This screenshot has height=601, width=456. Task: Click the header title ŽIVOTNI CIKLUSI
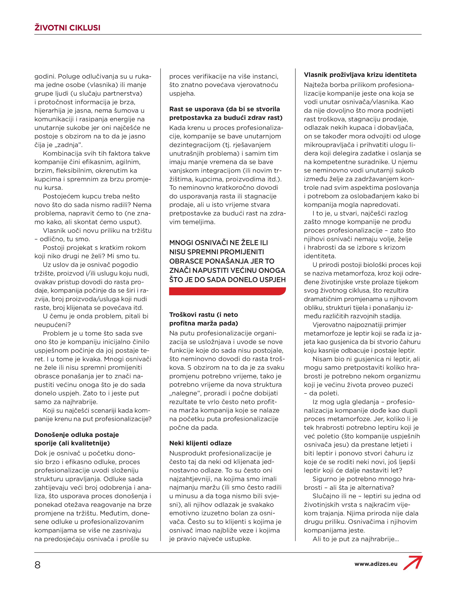pyautogui.click(x=67, y=28)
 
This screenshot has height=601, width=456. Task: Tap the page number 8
pyautogui.click(x=37, y=565)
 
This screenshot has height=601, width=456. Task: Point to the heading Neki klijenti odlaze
pyautogui.click(x=200, y=443)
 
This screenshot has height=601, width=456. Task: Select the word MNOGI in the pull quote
pyautogui.click(x=181, y=243)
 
